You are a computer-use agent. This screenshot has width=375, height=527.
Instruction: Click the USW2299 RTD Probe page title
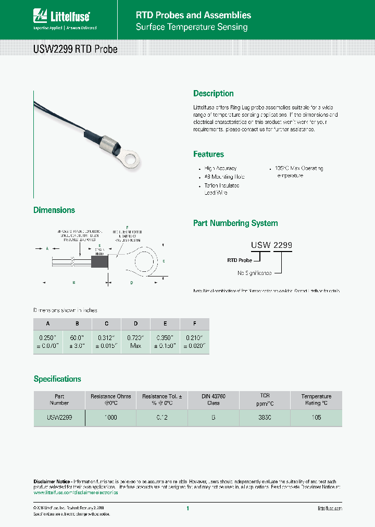76,49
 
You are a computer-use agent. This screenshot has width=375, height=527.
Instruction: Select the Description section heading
214,94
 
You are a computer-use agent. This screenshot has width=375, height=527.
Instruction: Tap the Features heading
208,155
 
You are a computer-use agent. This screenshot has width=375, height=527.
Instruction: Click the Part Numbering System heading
235,223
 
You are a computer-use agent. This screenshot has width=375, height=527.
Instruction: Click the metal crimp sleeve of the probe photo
108,142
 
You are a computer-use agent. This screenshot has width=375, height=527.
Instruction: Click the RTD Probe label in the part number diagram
239,260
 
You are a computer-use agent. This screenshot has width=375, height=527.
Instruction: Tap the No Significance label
255,273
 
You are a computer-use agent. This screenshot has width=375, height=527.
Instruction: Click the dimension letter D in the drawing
132,282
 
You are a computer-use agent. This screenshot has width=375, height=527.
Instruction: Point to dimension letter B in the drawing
74,282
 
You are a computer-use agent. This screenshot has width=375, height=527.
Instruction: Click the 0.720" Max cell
136,342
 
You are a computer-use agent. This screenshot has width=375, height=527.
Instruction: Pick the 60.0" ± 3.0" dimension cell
77,342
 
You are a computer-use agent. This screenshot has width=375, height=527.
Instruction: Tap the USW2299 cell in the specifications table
59,418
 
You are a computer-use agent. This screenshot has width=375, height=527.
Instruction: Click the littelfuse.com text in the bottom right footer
330,508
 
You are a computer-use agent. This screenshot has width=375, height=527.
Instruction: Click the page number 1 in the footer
187,508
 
